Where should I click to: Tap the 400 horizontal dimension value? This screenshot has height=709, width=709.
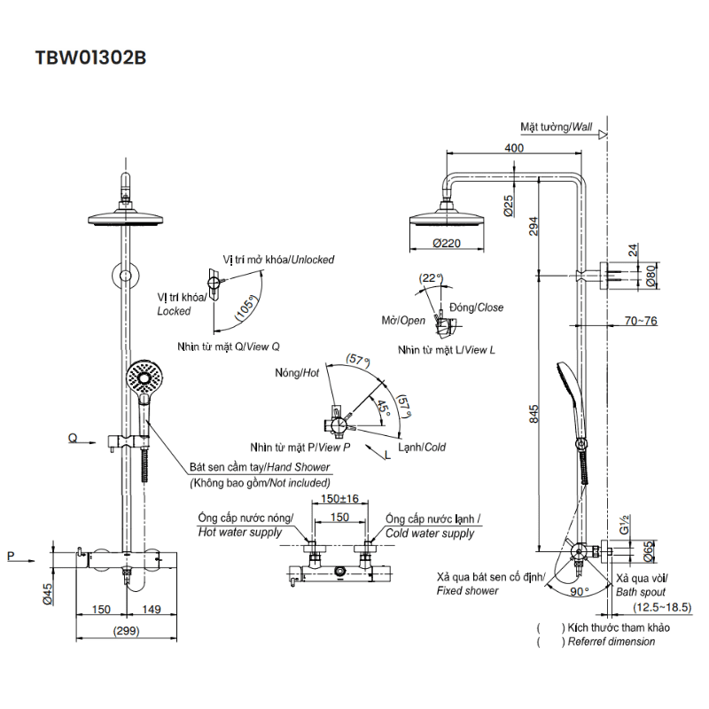[514, 147]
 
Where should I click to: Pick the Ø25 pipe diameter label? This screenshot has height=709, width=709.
[507, 206]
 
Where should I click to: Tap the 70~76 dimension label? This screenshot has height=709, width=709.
[640, 320]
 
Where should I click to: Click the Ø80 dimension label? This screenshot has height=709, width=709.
[650, 277]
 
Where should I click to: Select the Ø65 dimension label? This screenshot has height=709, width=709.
[650, 554]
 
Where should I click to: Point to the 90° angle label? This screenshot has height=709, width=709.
[580, 590]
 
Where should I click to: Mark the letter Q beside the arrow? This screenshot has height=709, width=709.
[73, 438]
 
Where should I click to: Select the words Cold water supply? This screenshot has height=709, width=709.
[430, 534]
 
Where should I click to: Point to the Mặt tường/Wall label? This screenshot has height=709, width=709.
[556, 127]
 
